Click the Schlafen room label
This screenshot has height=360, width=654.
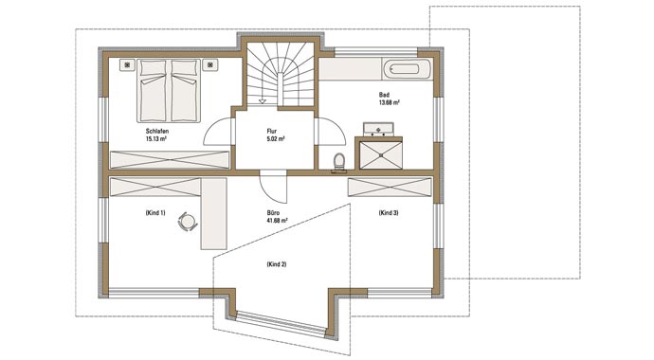157,132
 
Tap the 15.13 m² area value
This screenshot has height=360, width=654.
156,138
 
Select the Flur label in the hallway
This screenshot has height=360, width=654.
271,132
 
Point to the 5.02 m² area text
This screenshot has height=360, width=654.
275,138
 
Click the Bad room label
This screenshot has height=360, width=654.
384,95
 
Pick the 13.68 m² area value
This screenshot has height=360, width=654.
390,102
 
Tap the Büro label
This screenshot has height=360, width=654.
273,213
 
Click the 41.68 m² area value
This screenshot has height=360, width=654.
277,221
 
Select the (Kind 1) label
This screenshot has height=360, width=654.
155,213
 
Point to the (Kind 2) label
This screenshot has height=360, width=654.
277,264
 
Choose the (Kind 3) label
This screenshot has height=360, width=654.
389,213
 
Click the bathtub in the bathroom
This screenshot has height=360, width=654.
407,69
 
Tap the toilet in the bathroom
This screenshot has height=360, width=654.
339,163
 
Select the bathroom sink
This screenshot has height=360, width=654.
378,129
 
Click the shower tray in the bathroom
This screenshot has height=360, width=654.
381,155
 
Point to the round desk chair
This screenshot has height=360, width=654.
188,222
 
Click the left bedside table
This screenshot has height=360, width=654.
127,65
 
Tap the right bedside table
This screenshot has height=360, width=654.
210,65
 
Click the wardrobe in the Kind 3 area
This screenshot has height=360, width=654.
390,187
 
